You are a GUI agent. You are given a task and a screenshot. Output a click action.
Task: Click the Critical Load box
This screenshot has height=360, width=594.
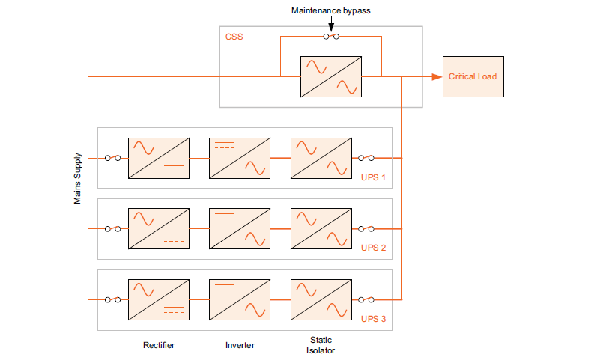click(x=472, y=76)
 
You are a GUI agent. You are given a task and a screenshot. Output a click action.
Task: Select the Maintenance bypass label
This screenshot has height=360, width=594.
click(x=330, y=11)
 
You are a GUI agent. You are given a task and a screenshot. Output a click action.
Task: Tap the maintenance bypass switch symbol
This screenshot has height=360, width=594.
click(x=330, y=36)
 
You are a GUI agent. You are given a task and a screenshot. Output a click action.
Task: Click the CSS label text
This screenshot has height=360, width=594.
click(x=234, y=37)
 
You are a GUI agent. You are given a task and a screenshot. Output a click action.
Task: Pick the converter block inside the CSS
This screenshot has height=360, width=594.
click(x=330, y=76)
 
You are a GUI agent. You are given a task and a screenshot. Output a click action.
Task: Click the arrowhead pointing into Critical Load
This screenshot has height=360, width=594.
click(x=436, y=76)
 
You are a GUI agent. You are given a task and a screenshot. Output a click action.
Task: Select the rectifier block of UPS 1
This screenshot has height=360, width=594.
click(x=158, y=158)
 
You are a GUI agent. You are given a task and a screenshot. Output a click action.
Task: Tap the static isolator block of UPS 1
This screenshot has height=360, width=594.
click(x=321, y=158)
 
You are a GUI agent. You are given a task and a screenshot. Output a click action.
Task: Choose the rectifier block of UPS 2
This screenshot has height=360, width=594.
click(x=158, y=229)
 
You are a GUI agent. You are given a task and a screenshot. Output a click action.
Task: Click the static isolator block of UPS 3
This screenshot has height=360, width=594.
click(x=321, y=299)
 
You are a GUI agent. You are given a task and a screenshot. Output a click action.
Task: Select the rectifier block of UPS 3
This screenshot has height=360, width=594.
click(x=158, y=299)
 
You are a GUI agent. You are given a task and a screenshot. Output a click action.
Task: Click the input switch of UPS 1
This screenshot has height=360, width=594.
click(x=113, y=158)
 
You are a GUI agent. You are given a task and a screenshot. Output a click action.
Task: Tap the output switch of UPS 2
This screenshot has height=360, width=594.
click(x=366, y=229)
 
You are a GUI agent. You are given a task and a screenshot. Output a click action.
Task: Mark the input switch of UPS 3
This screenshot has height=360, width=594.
click(x=113, y=299)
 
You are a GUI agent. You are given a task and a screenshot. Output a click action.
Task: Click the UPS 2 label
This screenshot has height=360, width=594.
click(x=373, y=248)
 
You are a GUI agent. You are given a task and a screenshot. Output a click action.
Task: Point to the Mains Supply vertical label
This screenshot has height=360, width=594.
click(x=77, y=180)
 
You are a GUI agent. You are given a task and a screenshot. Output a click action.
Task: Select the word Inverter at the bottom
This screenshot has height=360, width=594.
click(x=240, y=345)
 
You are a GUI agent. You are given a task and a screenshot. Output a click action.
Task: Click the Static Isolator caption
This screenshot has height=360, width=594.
click(x=321, y=345)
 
